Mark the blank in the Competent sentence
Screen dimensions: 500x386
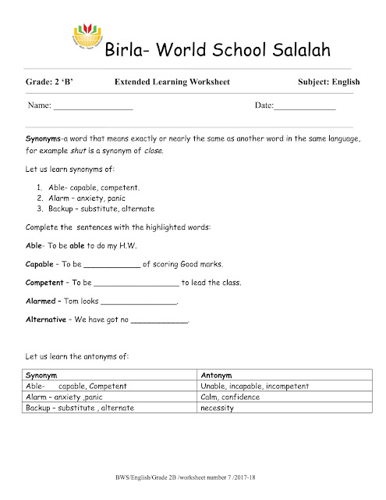pos(136,283)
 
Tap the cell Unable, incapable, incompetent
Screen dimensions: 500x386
pos(250,386)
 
